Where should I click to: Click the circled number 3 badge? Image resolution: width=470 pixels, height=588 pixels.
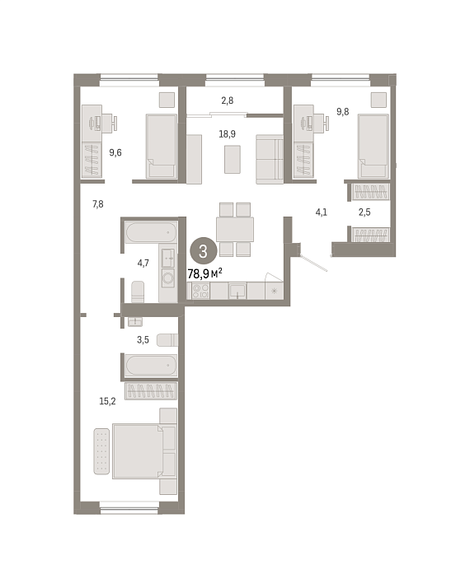pos(203,251)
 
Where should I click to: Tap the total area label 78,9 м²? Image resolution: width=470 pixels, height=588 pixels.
pos(204,273)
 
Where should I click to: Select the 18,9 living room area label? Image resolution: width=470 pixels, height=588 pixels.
pos(227,134)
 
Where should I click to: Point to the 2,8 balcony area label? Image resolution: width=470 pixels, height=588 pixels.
pos(227,100)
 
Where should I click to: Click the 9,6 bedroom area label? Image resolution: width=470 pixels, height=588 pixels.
pos(115,152)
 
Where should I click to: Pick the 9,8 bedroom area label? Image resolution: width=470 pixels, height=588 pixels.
pos(342,112)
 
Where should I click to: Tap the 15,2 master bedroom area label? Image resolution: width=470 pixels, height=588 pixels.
pos(107,401)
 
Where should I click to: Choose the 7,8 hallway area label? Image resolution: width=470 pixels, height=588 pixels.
pos(98,204)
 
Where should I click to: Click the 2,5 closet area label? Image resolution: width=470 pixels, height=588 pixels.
pos(364,212)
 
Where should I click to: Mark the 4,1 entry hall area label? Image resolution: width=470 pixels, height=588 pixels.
pos(322,212)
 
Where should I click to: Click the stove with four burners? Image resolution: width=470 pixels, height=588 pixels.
pos(201,291)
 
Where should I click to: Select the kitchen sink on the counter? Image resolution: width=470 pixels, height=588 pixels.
pos(237,291)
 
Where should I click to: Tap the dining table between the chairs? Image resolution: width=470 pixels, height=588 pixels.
pos(235,229)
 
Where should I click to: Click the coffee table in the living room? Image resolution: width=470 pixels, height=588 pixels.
pos(233,160)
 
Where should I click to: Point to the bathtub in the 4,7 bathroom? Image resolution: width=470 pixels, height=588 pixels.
pos(151,232)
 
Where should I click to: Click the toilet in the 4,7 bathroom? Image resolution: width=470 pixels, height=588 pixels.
pos(138,292)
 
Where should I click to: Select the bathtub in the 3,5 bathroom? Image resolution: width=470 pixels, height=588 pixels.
pos(151,366)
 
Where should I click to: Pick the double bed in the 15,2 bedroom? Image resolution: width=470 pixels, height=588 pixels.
pos(144,451)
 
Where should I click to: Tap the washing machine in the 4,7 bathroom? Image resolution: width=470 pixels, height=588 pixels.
pos(168,278)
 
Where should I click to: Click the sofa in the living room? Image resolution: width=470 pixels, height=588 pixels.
pos(270,160)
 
